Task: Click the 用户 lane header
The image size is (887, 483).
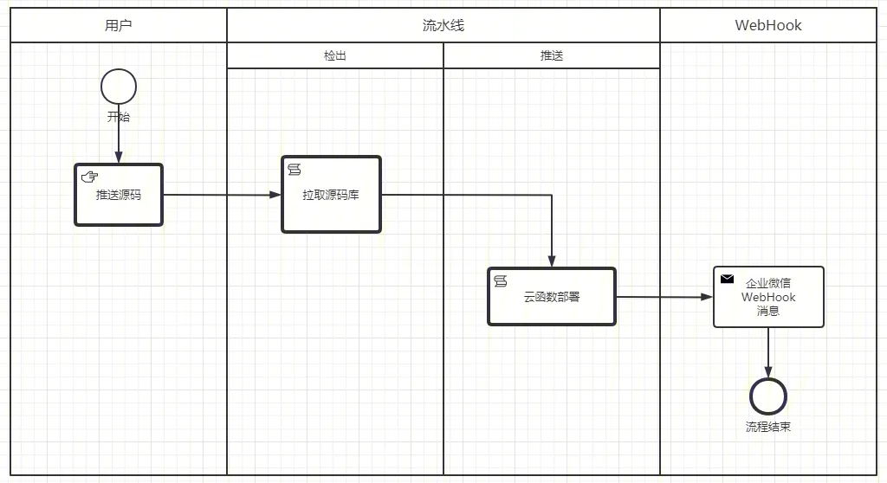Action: coord(119,25)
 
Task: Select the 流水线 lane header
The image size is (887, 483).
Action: coord(443,25)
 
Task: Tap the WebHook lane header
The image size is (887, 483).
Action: coord(768,25)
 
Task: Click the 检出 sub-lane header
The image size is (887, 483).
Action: coord(335,55)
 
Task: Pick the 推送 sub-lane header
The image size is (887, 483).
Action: coord(552,55)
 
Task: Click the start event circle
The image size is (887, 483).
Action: coord(119,87)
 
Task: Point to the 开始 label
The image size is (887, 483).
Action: coord(119,117)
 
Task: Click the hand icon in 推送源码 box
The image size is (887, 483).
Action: coord(89,177)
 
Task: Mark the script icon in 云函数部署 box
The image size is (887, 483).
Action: coord(500,280)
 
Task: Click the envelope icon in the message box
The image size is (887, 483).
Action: coord(728,279)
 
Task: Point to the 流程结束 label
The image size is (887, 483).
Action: coord(768,427)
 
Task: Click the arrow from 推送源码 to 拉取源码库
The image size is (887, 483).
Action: coord(222,196)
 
